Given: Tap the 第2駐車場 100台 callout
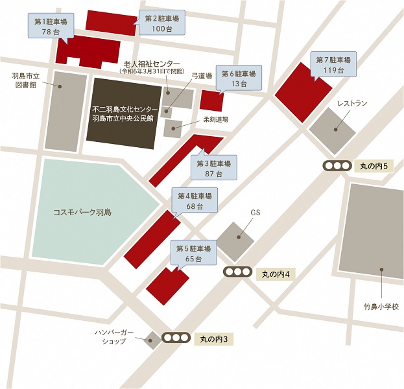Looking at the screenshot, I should (162, 24).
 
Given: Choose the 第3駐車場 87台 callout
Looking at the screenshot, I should (213, 168).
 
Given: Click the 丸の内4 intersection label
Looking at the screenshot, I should (276, 273).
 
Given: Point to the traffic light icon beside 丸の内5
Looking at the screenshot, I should (337, 166).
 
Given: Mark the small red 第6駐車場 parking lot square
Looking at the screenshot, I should (211, 101).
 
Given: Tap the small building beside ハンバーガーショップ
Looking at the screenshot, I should (152, 338).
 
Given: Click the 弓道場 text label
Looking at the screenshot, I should (202, 77).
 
